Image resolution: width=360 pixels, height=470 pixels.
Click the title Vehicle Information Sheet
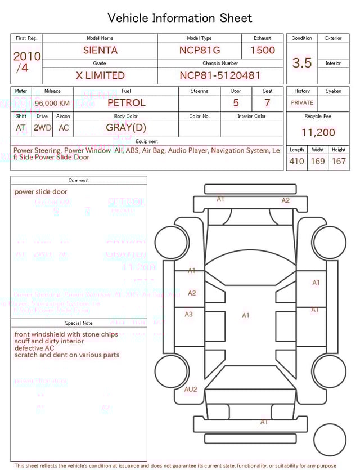point(180,18)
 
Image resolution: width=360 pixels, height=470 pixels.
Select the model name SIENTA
point(100,50)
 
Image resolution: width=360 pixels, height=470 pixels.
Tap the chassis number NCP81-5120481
point(220,75)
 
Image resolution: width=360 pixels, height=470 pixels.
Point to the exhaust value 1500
point(263,50)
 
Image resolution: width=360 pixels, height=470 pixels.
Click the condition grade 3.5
point(302,63)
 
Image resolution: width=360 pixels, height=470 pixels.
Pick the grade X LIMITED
point(100,75)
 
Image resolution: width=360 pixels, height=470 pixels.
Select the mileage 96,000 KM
point(52,103)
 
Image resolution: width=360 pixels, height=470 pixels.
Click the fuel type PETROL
point(126,103)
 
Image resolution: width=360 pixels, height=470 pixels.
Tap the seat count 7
point(267,103)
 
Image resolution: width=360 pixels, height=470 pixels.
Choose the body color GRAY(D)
point(126,128)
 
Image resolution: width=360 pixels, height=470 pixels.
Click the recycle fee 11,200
point(318,133)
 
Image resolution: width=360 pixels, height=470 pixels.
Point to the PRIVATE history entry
point(302,103)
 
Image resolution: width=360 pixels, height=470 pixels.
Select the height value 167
point(339,162)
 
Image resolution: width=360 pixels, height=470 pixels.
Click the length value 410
point(296,162)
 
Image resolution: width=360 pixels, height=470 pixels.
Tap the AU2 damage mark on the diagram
point(191,390)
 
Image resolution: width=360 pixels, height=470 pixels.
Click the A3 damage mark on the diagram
point(189,314)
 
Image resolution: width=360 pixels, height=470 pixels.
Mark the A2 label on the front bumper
point(286,200)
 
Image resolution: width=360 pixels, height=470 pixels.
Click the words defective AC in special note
point(34,348)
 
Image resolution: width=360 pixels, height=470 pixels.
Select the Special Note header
point(79,323)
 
